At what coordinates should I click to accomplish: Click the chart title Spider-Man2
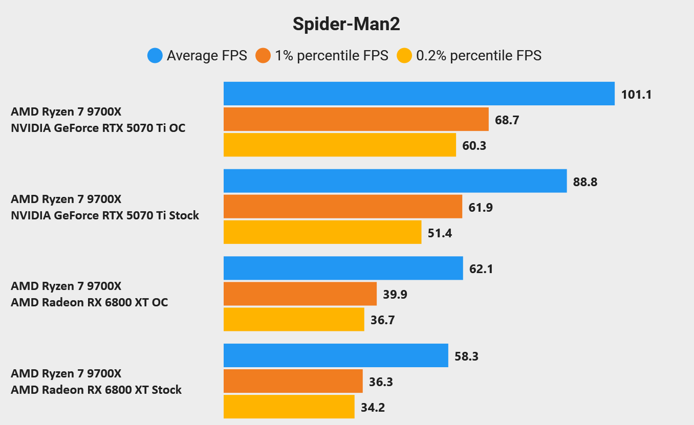point(346,24)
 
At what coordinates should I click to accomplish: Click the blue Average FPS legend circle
point(155,55)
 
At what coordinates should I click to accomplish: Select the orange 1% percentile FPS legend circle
point(263,55)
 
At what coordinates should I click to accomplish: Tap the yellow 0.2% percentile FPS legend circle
point(404,55)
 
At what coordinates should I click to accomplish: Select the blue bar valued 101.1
point(419,94)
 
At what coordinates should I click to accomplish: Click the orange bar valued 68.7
point(356,119)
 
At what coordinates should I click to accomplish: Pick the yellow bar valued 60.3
point(339,145)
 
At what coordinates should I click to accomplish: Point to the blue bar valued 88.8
point(395,181)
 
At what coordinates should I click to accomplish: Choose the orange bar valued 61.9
point(342,207)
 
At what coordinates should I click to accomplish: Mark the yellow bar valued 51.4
point(322,232)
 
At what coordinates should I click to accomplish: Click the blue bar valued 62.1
point(343,268)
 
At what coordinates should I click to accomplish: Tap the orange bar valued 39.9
point(300,294)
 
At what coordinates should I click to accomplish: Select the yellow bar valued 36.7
point(294,319)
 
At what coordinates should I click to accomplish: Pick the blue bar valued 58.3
point(336,355)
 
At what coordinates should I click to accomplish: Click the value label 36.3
point(381,382)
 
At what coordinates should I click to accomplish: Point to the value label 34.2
point(373,407)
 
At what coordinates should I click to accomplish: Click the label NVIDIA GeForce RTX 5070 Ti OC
point(98,128)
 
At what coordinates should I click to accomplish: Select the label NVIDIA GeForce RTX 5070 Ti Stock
point(105,215)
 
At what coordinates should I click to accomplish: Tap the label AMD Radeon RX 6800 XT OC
point(90,302)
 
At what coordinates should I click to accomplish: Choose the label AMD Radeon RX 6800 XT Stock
point(96,390)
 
